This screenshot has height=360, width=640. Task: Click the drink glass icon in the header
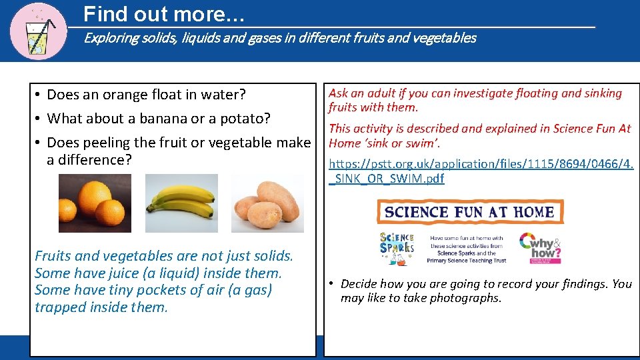39,30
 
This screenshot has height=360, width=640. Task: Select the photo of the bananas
181,203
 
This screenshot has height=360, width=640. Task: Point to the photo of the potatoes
267,203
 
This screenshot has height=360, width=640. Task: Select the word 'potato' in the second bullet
246,119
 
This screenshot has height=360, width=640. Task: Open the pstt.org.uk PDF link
480,170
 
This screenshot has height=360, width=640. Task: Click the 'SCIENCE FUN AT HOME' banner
470,212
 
